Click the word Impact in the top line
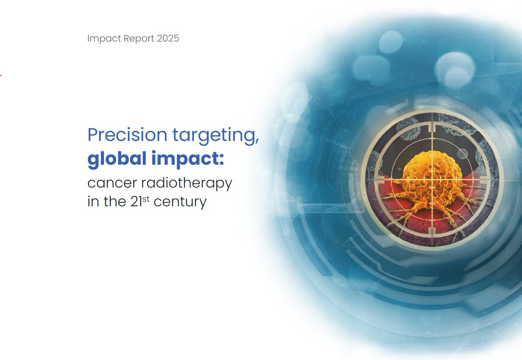pos(102,39)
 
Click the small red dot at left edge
pos(1,75)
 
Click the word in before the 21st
pos(93,202)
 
